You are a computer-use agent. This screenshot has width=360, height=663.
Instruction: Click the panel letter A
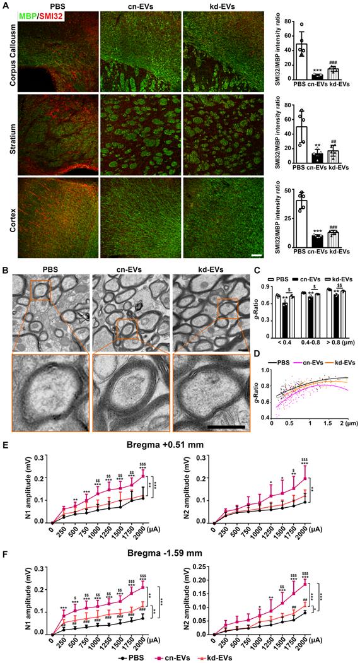coord(5,5)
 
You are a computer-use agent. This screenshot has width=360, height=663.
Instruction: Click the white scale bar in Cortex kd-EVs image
coord(257,255)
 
